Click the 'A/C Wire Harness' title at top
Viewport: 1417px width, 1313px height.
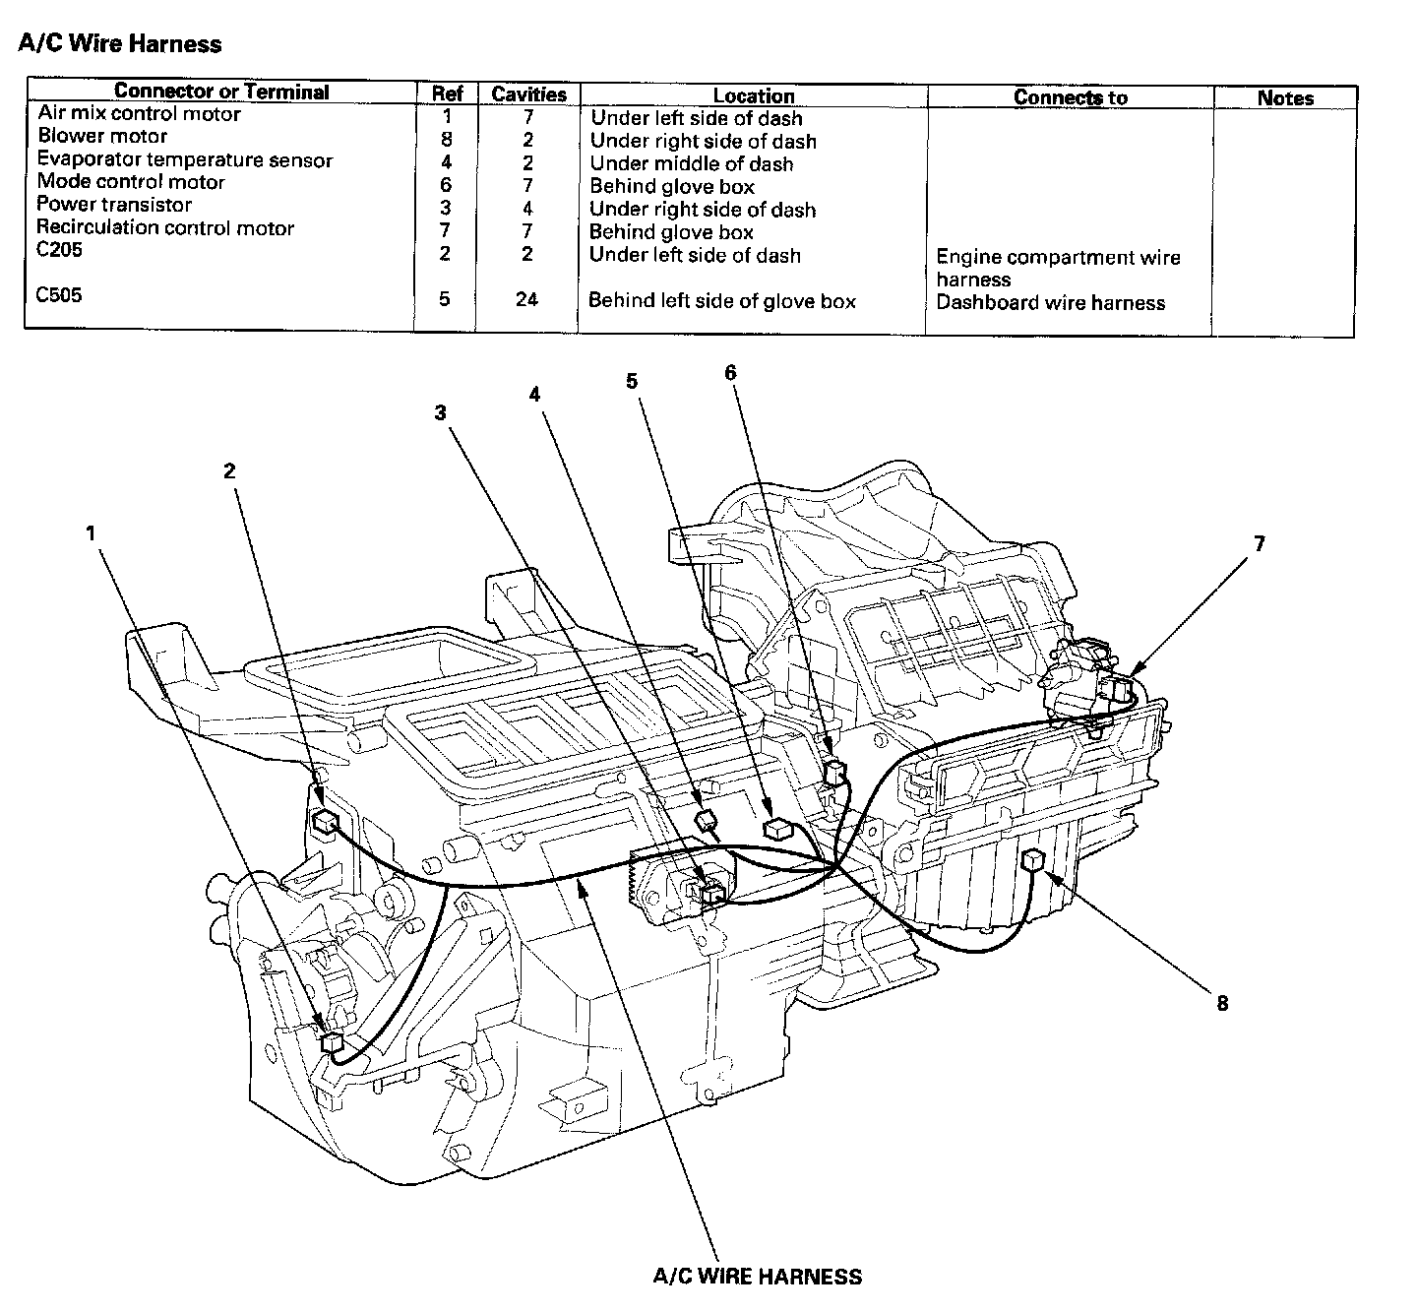(x=120, y=44)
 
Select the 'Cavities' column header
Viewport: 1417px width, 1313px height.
(x=528, y=94)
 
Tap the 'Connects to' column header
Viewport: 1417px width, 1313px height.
(x=1070, y=97)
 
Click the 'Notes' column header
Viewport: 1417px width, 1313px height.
(x=1285, y=98)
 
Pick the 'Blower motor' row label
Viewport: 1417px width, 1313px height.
(x=102, y=137)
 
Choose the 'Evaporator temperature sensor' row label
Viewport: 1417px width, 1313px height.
(x=185, y=160)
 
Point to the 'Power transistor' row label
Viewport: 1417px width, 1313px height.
(x=114, y=205)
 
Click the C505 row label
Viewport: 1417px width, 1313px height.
(x=59, y=295)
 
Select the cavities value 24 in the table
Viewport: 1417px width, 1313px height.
(x=527, y=298)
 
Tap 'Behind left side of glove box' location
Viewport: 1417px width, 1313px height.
(x=721, y=301)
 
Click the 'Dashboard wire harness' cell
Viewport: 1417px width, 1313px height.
(x=1050, y=303)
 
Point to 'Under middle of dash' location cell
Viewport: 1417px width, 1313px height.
(x=691, y=164)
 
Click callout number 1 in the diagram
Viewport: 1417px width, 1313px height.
(x=91, y=533)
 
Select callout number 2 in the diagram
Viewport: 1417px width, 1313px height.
(x=229, y=471)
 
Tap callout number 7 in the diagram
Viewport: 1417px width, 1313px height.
(x=1259, y=543)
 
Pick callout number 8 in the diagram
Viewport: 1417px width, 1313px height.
(x=1222, y=1004)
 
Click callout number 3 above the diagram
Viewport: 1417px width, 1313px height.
(x=441, y=413)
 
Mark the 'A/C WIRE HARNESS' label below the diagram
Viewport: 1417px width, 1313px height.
(x=757, y=1277)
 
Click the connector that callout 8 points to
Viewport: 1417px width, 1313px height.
(x=1032, y=860)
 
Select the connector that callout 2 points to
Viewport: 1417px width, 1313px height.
(x=324, y=820)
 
